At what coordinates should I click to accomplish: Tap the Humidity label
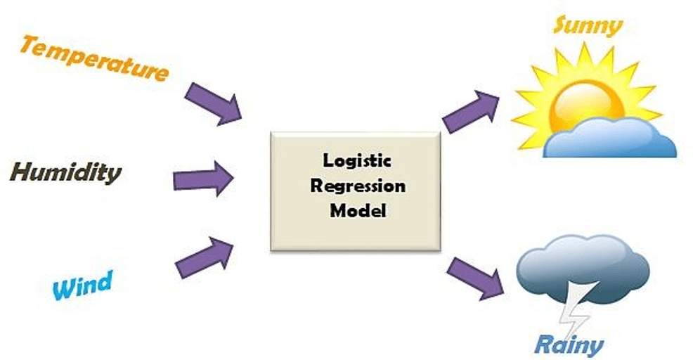point(65,172)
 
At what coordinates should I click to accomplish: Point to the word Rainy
point(569,344)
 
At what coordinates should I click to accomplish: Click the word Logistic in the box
point(357,160)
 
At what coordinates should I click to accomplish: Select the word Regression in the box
point(358,186)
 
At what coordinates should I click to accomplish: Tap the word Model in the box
point(358,210)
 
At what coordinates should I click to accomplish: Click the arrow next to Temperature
point(214,103)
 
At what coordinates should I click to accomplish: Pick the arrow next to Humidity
point(203,179)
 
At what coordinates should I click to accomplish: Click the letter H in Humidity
point(21,172)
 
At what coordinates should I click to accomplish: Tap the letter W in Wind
point(63,290)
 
